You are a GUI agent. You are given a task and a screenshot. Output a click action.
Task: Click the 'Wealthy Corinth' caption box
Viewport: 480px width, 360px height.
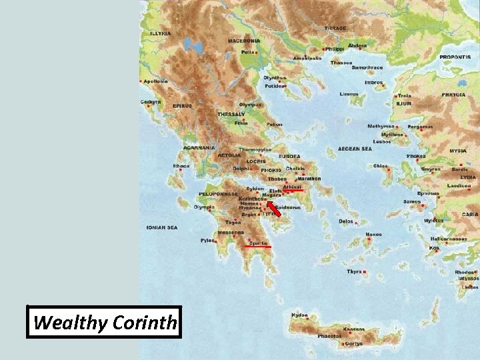click(x=104, y=323)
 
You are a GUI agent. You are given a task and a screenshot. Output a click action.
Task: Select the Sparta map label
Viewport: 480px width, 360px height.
click(x=258, y=243)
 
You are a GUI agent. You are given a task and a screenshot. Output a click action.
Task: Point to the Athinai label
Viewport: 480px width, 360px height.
click(x=293, y=188)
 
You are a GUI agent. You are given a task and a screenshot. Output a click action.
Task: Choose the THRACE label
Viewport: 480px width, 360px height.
click(x=335, y=28)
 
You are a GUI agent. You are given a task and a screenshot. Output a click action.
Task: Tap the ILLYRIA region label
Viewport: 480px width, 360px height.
click(x=160, y=33)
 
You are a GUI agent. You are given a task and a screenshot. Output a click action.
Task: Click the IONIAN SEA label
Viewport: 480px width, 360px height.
click(x=162, y=227)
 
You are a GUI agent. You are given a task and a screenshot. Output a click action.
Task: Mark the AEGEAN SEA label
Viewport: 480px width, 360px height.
click(x=355, y=149)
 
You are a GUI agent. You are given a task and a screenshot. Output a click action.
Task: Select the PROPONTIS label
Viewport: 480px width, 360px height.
click(x=455, y=57)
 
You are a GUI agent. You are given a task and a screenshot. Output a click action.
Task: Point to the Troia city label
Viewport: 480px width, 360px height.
click(x=404, y=96)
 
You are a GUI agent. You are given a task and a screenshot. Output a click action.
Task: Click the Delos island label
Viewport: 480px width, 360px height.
click(x=346, y=221)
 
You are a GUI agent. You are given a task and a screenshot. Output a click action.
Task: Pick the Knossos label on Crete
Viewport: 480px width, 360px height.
click(x=353, y=329)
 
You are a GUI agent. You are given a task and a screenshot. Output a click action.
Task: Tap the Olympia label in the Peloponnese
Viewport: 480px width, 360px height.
click(x=203, y=207)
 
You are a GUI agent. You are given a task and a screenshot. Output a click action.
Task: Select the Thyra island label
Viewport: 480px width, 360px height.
click(x=354, y=271)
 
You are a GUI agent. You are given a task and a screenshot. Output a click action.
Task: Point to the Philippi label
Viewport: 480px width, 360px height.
click(x=335, y=49)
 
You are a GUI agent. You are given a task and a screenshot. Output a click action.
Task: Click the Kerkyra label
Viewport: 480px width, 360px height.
click(x=151, y=102)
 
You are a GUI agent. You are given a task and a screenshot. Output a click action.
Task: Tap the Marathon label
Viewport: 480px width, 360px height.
click(x=309, y=179)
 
